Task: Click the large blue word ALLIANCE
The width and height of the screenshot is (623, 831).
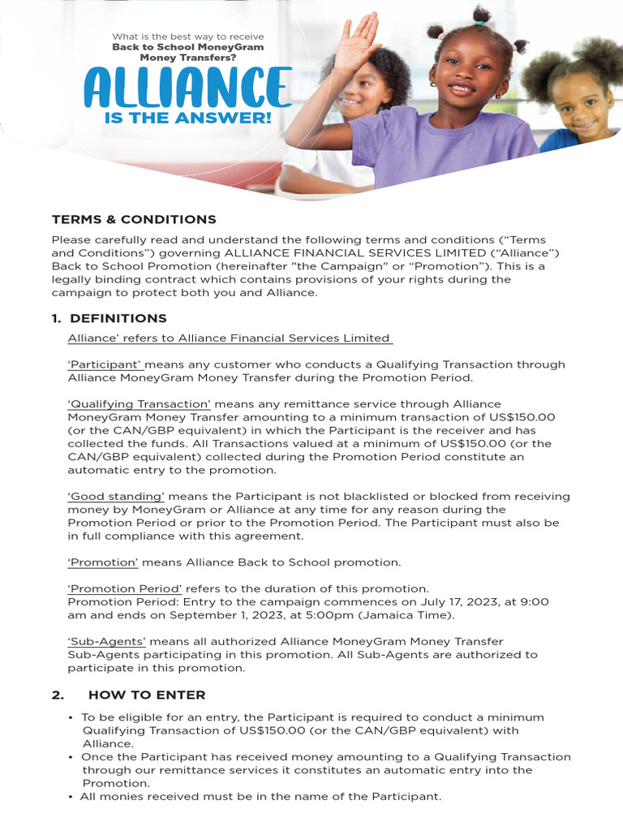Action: pyautogui.click(x=187, y=88)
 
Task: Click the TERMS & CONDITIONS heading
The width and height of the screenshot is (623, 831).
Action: pyautogui.click(x=134, y=219)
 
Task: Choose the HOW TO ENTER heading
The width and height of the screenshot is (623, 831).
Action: pyautogui.click(x=147, y=695)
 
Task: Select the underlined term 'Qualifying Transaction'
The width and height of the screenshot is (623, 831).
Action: pyautogui.click(x=140, y=404)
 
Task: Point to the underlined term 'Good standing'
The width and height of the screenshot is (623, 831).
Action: pyautogui.click(x=116, y=497)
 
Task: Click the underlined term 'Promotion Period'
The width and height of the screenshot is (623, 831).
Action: pyautogui.click(x=125, y=588)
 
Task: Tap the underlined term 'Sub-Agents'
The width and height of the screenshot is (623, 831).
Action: pyautogui.click(x=106, y=641)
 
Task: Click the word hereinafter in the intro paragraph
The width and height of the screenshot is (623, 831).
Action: pyautogui.click(x=267, y=266)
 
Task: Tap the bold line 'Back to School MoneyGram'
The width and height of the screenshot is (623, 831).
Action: pyautogui.click(x=187, y=47)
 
